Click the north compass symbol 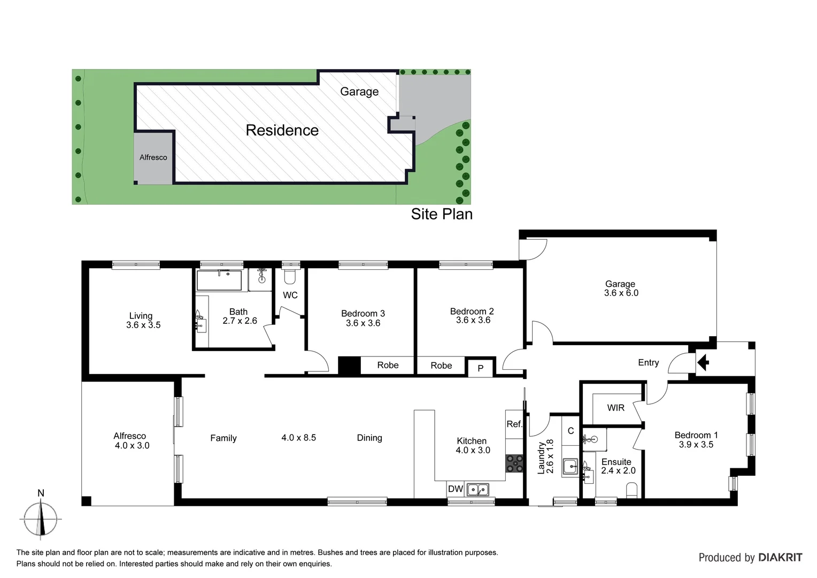(41, 518)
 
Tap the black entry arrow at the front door (703, 363)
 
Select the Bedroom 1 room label (696, 435)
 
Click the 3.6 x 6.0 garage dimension (621, 293)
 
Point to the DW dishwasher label (455, 489)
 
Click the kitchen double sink (477, 489)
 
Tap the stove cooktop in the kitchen (514, 463)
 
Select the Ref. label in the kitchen (514, 424)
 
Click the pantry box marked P (480, 368)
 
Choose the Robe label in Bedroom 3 (388, 365)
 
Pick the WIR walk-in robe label (615, 408)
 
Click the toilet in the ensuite (631, 490)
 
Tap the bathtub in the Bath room (219, 280)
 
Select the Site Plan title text (442, 214)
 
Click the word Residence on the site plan (282, 130)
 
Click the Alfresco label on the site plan (153, 157)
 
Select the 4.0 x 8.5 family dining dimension (298, 438)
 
